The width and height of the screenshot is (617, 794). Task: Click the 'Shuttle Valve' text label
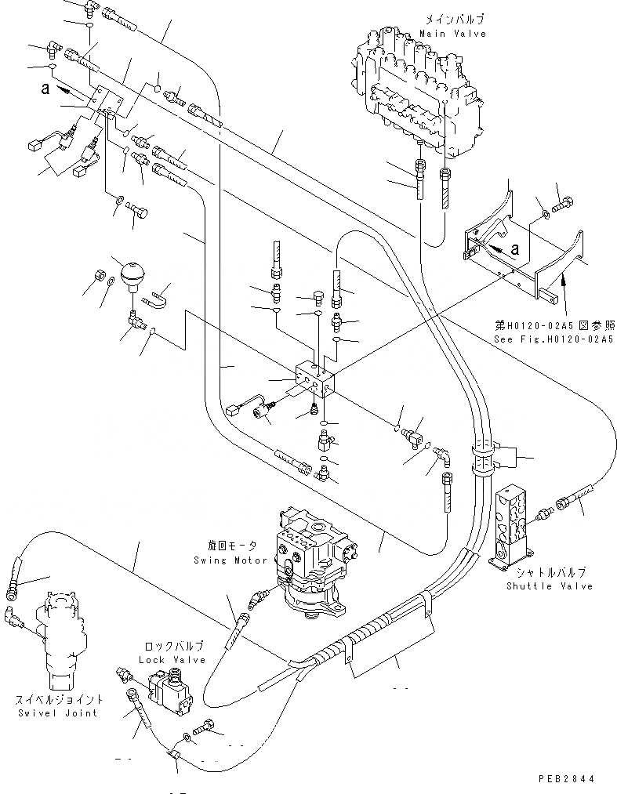549,586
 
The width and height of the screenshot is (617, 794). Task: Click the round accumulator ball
127,274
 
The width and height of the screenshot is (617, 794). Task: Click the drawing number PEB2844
565,779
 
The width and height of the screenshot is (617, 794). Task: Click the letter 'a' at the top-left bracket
46,89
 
